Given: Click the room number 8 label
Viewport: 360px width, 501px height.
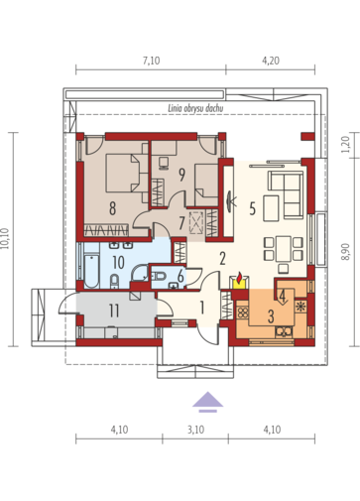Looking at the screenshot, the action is [112, 208].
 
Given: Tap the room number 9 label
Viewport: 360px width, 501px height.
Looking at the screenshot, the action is [181, 175].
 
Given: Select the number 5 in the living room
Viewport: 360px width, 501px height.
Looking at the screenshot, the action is [252, 209].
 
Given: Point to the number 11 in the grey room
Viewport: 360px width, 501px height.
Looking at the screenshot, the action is [114, 311].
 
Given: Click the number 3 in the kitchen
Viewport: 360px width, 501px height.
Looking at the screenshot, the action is [271, 316].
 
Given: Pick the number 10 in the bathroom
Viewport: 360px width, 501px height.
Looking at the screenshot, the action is [118, 263].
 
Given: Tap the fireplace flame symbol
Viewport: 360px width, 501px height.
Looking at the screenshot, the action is [240, 276].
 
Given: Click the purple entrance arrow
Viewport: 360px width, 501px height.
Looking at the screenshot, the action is [207, 402].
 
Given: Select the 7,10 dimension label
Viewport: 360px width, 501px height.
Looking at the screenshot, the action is [151, 61].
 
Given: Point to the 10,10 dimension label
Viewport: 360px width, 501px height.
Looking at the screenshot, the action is [5, 239].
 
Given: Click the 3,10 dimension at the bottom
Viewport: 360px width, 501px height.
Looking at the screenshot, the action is [195, 430].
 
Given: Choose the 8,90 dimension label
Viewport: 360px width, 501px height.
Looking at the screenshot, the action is [345, 252].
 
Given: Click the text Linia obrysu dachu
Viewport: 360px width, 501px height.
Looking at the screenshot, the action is [195, 108].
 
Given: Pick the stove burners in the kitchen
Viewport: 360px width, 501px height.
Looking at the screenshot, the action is [243, 313].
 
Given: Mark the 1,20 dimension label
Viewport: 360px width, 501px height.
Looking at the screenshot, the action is [345, 145].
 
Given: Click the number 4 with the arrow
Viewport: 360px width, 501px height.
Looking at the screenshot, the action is [283, 297].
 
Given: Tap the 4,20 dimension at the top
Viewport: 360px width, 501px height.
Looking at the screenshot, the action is [271, 61].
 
